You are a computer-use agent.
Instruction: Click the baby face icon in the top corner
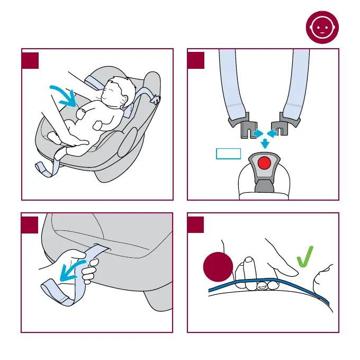pyautogui.click(x=322, y=29)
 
